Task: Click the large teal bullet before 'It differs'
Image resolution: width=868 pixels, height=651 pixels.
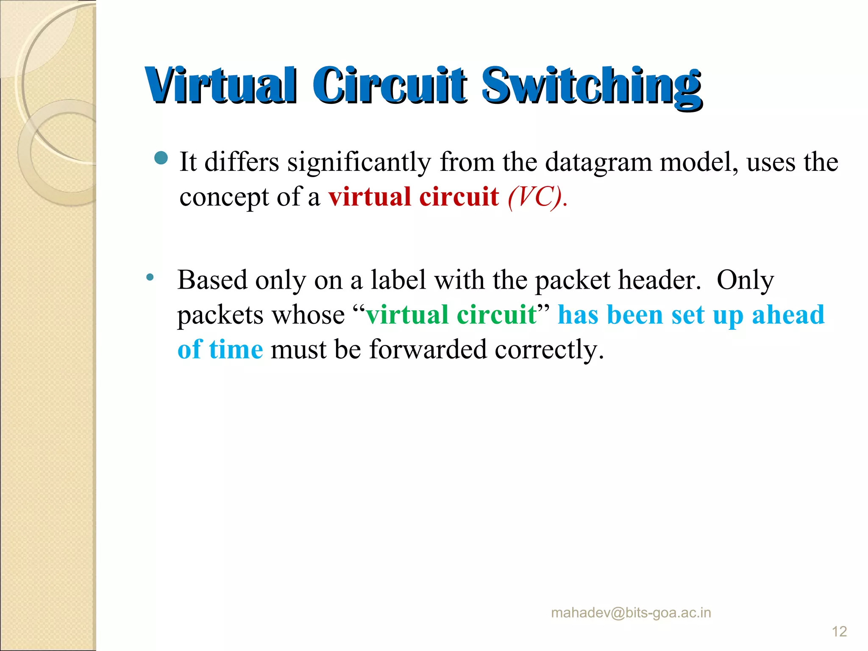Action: pos(161,158)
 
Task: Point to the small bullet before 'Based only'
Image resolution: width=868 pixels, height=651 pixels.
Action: pos(150,278)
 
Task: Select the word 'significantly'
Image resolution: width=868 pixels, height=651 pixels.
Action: pos(359,162)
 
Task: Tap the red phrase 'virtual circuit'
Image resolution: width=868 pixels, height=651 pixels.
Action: pos(414,197)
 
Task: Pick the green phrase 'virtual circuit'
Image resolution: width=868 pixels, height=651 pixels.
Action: pos(451,315)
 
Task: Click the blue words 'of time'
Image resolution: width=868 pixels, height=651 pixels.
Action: pos(220,350)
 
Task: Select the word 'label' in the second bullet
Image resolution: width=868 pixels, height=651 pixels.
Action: pos(398,280)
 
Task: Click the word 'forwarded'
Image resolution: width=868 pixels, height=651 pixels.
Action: pos(428,350)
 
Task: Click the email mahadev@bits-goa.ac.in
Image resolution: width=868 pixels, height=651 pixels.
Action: pos(631,613)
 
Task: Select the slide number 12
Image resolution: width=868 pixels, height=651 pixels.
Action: pos(839,632)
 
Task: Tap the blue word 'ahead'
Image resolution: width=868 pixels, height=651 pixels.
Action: pos(788,315)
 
